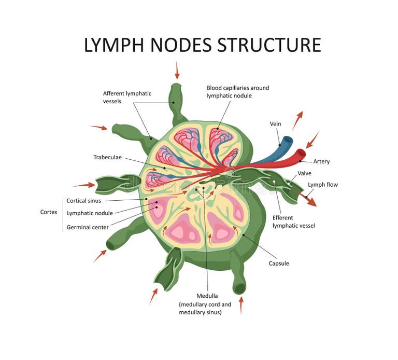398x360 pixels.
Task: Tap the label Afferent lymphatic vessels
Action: click(127, 98)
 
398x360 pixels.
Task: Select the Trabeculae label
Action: click(108, 157)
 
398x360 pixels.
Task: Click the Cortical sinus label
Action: click(83, 201)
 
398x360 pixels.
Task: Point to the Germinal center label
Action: click(88, 227)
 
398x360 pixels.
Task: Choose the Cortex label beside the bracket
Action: click(49, 212)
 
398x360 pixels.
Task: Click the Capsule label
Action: click(278, 264)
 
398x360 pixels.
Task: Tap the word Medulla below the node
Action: click(207, 296)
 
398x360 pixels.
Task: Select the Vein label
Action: click(275, 124)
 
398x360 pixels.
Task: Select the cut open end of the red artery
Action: click(301, 154)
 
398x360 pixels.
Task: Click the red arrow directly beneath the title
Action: click(177, 70)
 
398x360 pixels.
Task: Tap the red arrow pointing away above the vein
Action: click(297, 120)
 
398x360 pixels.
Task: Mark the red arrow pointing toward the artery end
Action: click(312, 140)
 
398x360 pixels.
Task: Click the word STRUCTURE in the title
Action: click(269, 45)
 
